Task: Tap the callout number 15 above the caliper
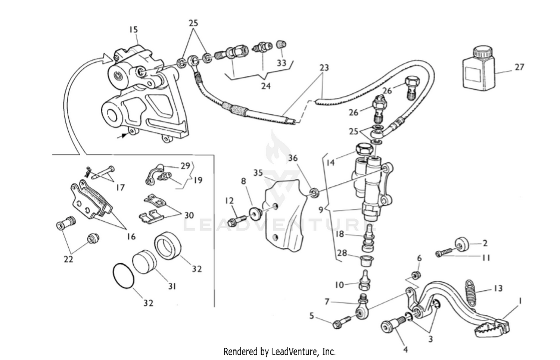(x=133, y=29)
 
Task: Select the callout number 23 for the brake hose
(x=324, y=68)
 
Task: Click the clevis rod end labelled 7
(x=363, y=308)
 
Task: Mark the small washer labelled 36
(x=315, y=192)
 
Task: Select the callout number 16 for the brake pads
(x=131, y=236)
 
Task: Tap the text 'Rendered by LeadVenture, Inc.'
(x=279, y=351)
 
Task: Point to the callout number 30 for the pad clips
(x=189, y=215)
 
